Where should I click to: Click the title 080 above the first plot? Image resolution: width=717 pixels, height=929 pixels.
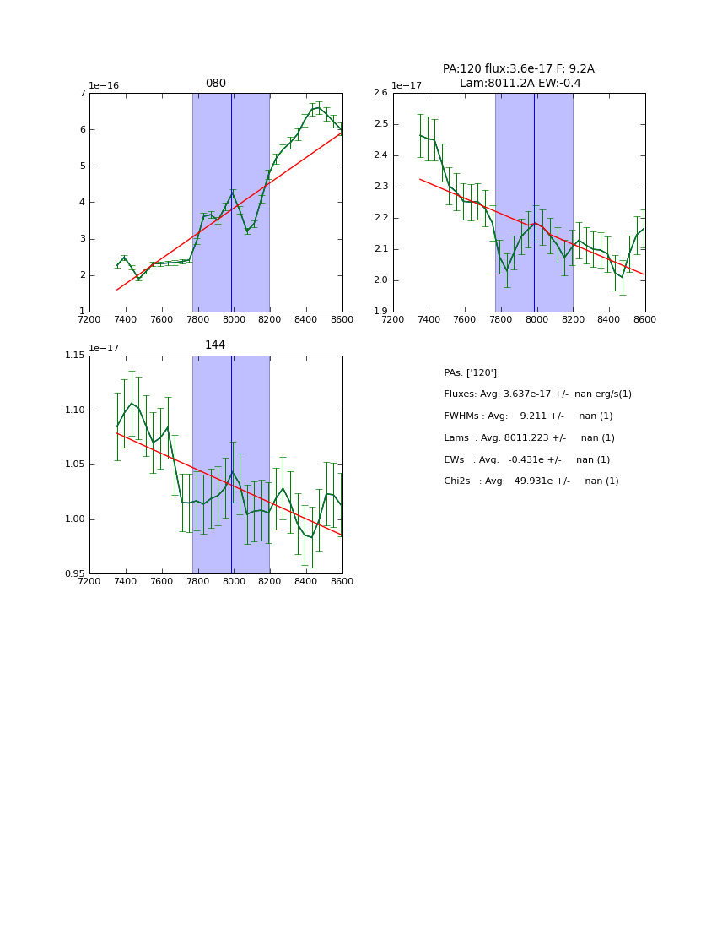pyautogui.click(x=216, y=84)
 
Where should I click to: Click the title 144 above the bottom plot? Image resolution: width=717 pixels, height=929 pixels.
pyautogui.click(x=216, y=345)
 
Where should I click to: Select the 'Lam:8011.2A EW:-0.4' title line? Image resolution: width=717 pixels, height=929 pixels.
pyautogui.click(x=520, y=83)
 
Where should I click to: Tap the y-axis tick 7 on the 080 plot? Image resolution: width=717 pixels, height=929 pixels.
pyautogui.click(x=83, y=93)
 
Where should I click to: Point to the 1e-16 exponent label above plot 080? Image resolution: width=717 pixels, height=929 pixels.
pyautogui.click(x=105, y=85)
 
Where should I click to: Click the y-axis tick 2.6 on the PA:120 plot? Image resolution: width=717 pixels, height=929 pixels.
pyautogui.click(x=380, y=93)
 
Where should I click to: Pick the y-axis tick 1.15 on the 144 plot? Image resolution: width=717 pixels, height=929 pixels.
pyautogui.click(x=75, y=355)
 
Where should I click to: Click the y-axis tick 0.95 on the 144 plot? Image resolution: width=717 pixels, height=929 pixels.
pyautogui.click(x=75, y=573)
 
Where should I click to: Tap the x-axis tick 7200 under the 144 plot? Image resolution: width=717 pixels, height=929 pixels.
pyautogui.click(x=89, y=580)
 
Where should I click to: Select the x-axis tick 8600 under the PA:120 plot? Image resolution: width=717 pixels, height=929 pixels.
pyautogui.click(x=644, y=318)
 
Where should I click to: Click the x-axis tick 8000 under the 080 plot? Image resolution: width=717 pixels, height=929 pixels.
pyautogui.click(x=234, y=318)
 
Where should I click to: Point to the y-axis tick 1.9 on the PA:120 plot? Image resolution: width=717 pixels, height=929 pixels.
pyautogui.click(x=380, y=311)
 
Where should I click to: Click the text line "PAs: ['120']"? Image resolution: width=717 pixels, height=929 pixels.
pyautogui.click(x=470, y=372)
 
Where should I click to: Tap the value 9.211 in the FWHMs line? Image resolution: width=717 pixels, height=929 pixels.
pyautogui.click(x=534, y=416)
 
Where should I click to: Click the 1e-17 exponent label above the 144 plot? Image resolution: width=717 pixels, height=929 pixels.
pyautogui.click(x=105, y=347)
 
